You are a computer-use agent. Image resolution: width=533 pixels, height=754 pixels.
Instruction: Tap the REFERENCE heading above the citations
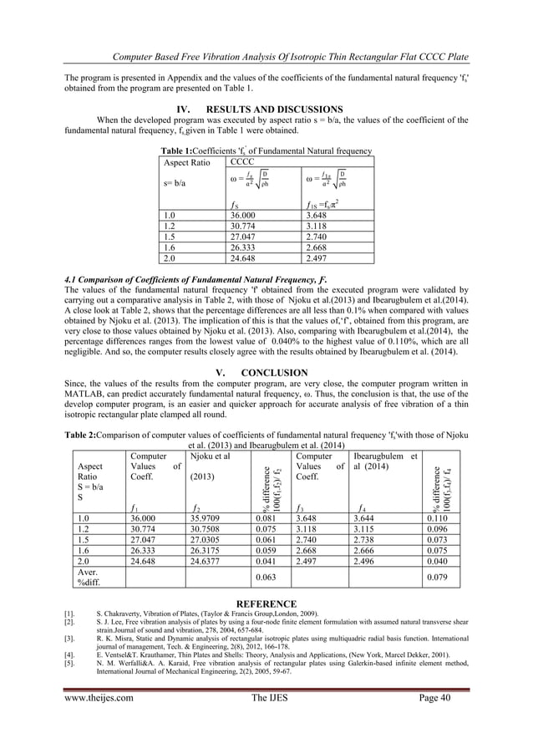(266, 604)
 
